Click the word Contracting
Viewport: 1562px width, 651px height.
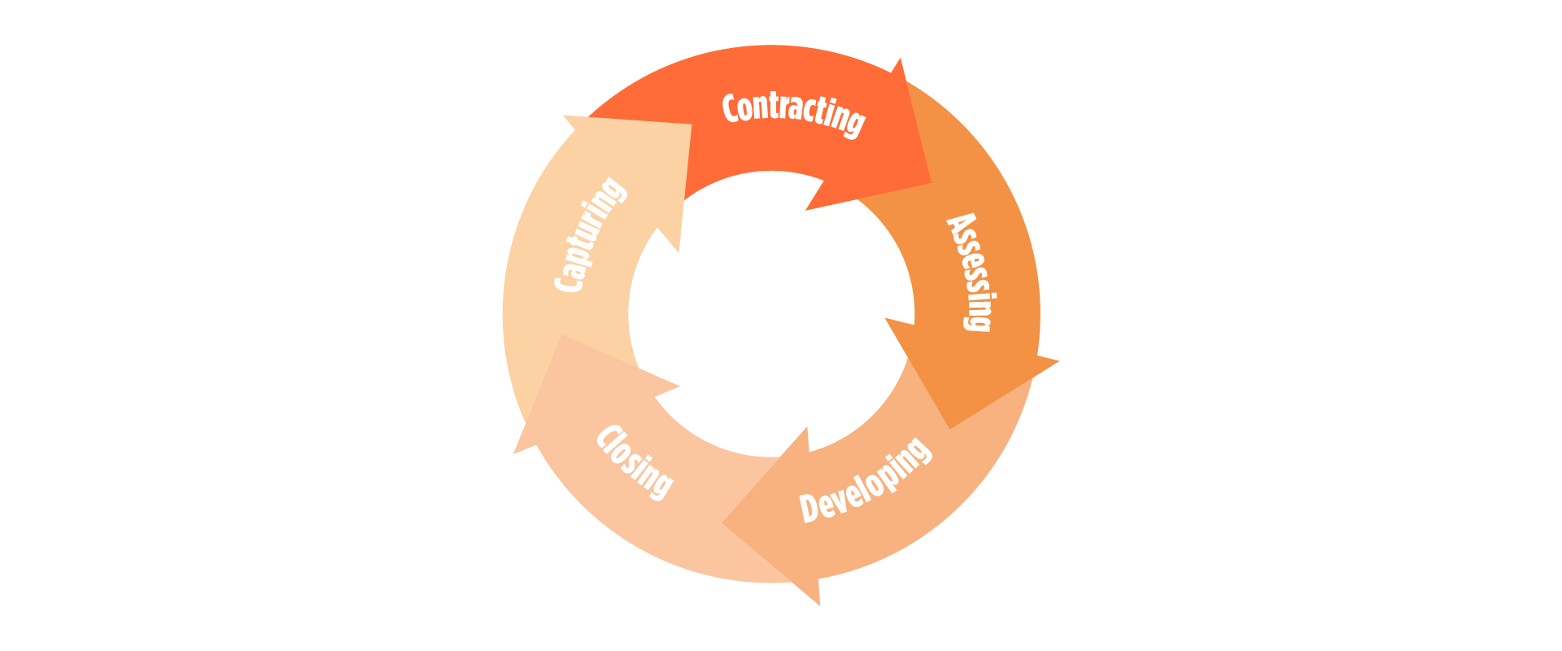(x=793, y=115)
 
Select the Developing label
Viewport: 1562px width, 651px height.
(x=865, y=480)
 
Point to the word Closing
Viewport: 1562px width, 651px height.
(x=635, y=461)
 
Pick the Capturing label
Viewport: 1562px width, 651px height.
(x=591, y=234)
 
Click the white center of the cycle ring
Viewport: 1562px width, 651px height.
(x=771, y=314)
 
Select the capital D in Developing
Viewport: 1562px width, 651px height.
(x=809, y=507)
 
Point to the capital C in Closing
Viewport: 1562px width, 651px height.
(x=608, y=437)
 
